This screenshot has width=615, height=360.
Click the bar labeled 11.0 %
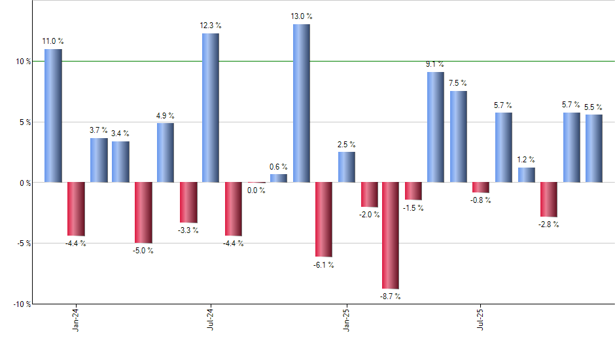point(53,115)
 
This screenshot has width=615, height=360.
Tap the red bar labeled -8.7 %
point(391,235)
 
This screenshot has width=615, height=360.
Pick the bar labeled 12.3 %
point(211,107)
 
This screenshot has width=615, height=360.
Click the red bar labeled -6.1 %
point(323,219)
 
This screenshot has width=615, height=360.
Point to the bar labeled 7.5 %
point(458,136)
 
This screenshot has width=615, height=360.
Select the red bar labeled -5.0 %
point(143,212)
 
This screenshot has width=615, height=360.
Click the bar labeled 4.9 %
point(166,153)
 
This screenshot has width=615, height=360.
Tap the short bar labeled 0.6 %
point(278,178)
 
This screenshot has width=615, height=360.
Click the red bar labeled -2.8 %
point(548,199)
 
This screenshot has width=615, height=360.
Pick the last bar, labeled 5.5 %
point(593,149)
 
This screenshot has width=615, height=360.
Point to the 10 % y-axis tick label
point(23,62)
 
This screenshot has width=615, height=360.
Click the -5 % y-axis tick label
point(23,243)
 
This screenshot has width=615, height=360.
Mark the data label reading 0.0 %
point(256,190)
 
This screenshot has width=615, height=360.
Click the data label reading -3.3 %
point(188,230)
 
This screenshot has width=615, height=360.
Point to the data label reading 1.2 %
point(527,160)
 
